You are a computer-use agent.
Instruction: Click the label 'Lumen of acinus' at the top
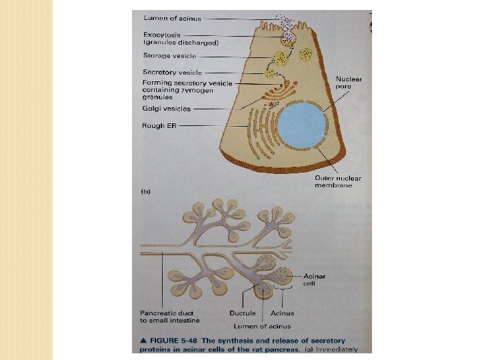click(172, 18)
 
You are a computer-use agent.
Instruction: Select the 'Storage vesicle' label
click(169, 55)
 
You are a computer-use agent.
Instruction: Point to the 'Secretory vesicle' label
click(172, 72)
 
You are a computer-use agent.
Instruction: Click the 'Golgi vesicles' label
click(167, 108)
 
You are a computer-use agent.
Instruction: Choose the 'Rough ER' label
click(159, 125)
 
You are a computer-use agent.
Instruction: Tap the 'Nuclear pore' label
click(348, 83)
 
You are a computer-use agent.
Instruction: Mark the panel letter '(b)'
click(145, 192)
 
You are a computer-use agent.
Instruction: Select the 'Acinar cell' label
click(314, 279)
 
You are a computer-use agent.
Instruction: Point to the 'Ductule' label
click(242, 313)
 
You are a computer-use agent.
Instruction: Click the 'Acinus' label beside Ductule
click(282, 313)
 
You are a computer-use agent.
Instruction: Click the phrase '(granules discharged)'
click(181, 43)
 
